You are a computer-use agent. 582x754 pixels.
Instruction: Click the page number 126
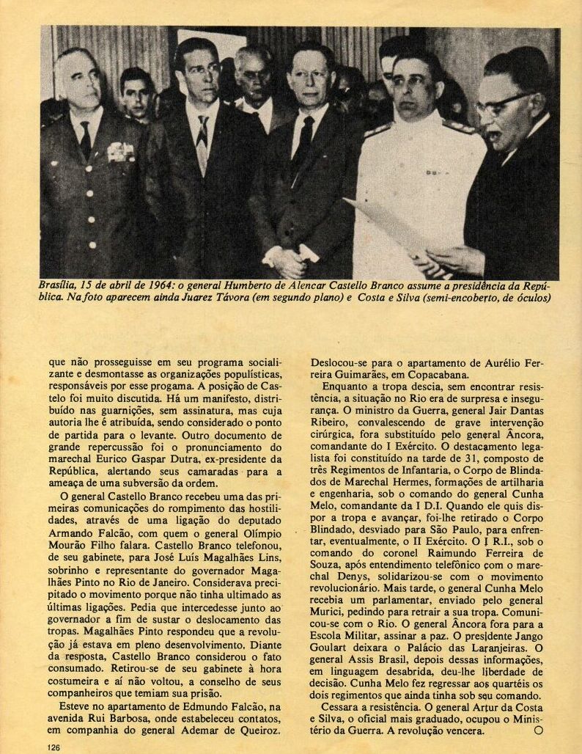click(52, 747)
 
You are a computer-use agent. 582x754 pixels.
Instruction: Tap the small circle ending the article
click(539, 731)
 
